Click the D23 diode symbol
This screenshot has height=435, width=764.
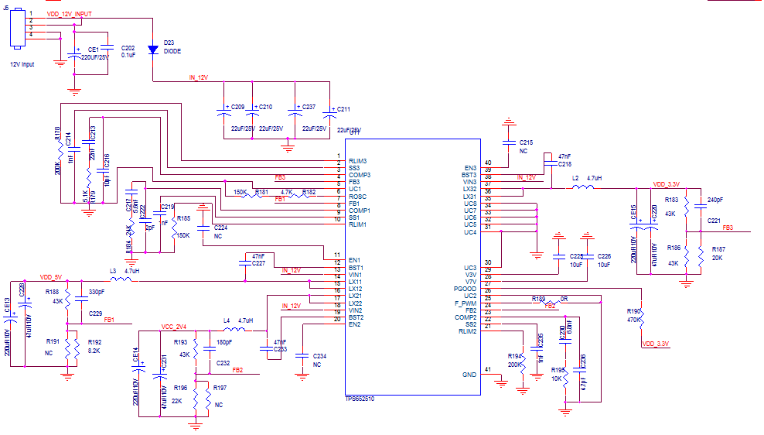tap(152, 50)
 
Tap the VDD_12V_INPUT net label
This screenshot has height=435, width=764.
tap(80, 13)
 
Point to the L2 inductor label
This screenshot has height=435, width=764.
tap(575, 177)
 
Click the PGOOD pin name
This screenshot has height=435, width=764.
tap(466, 289)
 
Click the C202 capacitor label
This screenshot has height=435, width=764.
tap(128, 47)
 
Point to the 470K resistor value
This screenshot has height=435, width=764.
tap(636, 318)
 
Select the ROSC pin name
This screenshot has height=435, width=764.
tap(358, 197)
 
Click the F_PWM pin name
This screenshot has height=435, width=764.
tap(466, 303)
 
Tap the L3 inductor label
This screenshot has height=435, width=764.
tap(113, 270)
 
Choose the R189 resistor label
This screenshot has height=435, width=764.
tap(538, 298)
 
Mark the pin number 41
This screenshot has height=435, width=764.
tap(487, 369)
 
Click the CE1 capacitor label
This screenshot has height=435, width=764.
tap(94, 49)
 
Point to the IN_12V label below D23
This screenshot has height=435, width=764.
tap(199, 77)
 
